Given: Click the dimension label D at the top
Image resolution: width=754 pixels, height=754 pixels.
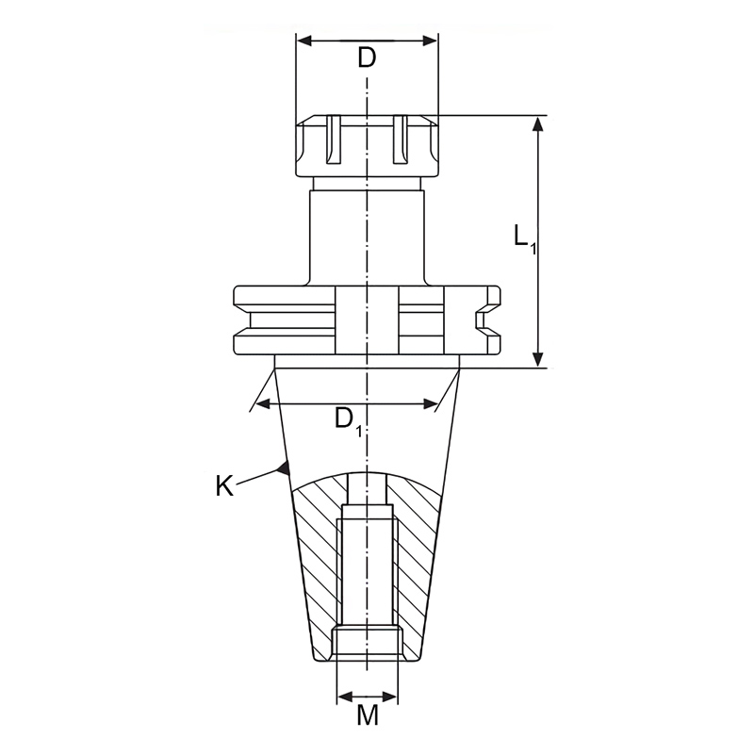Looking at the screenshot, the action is click(x=367, y=57).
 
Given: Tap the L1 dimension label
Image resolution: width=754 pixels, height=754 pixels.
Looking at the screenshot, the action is click(x=525, y=238).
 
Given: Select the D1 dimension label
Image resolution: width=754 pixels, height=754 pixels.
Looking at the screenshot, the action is click(x=349, y=419).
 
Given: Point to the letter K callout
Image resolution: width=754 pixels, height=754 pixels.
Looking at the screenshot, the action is click(x=224, y=485).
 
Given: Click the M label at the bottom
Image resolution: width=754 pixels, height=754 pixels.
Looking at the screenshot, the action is click(x=368, y=715).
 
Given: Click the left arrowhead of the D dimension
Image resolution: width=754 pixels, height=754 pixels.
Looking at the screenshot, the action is click(x=304, y=41).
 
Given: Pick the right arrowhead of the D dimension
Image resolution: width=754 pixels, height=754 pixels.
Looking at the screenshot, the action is click(x=430, y=41).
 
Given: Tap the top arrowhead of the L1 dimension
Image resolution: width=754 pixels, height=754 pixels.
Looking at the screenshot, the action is click(x=538, y=124).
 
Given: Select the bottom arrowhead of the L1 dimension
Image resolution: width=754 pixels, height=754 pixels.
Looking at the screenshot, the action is click(x=538, y=359).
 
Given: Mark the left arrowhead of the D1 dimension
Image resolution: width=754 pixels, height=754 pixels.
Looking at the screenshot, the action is click(x=264, y=403).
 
